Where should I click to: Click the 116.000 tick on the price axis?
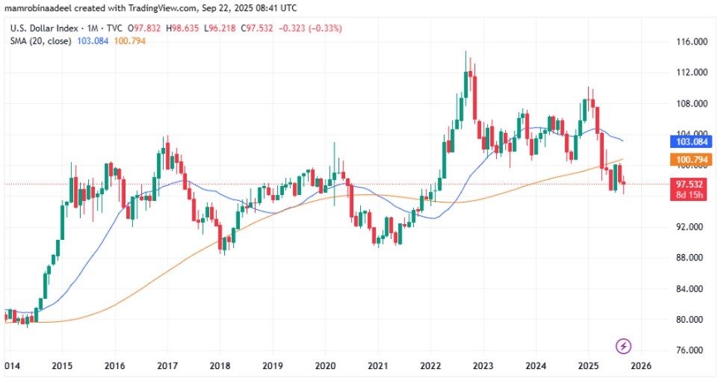pyautogui.click(x=691, y=42)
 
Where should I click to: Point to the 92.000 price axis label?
pyautogui.click(x=691, y=227)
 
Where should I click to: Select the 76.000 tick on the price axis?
pyautogui.click(x=691, y=350)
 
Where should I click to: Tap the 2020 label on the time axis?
pyautogui.click(x=325, y=367)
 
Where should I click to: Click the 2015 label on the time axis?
pyautogui.click(x=62, y=367)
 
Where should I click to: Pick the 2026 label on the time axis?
pyautogui.click(x=641, y=367)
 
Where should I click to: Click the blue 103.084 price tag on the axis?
pyautogui.click(x=691, y=141)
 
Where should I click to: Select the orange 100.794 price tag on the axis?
pyautogui.click(x=691, y=160)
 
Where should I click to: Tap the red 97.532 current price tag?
pyautogui.click(x=691, y=185)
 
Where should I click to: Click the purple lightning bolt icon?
pyautogui.click(x=625, y=346)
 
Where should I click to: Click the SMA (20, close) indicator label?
pyautogui.click(x=40, y=40)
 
